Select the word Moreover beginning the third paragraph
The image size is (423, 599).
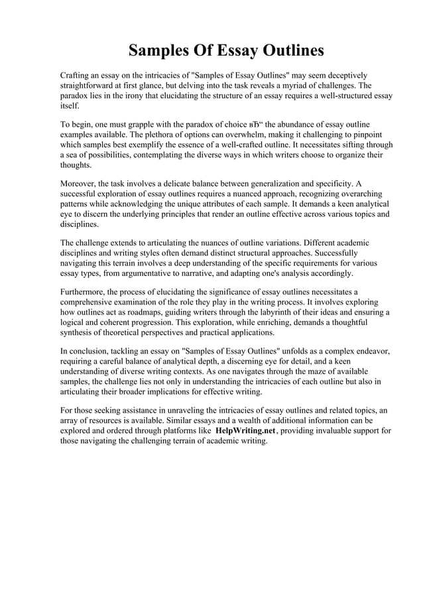click(x=78, y=182)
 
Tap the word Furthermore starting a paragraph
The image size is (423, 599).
click(x=82, y=291)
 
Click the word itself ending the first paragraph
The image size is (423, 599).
click(x=69, y=106)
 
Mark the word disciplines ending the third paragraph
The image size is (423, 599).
click(x=80, y=225)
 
